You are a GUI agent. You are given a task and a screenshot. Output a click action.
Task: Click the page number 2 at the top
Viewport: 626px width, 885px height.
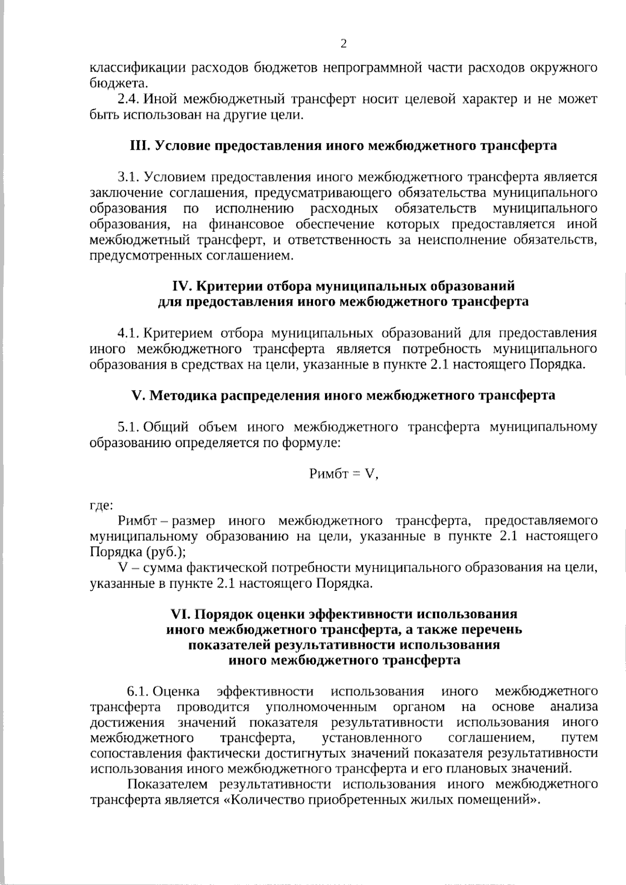[343, 44]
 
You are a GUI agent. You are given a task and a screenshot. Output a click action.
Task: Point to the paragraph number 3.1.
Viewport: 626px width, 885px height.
[128, 177]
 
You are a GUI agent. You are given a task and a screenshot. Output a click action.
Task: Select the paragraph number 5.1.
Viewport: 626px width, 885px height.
[128, 427]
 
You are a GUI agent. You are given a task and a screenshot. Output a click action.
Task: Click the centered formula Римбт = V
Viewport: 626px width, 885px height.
[343, 474]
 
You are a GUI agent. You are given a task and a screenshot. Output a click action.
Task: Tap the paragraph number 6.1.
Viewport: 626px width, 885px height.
[138, 692]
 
